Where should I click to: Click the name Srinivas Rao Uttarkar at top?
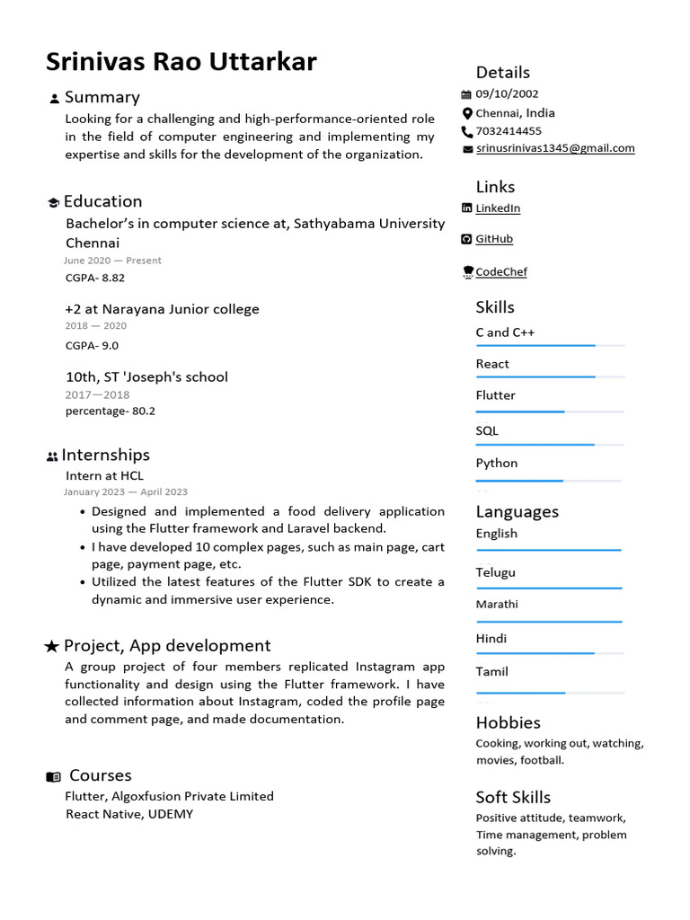click(x=181, y=62)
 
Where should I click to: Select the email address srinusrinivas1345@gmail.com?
click(x=554, y=148)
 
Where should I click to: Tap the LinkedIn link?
click(x=498, y=208)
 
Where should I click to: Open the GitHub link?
click(x=494, y=239)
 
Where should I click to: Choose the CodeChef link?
click(x=500, y=272)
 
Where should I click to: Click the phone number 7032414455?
click(x=509, y=131)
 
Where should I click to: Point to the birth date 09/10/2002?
click(x=507, y=94)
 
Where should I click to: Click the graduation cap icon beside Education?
click(x=53, y=203)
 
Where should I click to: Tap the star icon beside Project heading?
click(x=52, y=647)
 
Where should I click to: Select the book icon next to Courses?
click(x=54, y=776)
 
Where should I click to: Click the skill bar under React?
click(x=549, y=377)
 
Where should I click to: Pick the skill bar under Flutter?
click(x=549, y=411)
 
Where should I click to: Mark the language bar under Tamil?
click(x=549, y=693)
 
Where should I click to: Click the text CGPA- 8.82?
click(x=95, y=279)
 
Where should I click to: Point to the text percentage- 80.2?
click(x=111, y=411)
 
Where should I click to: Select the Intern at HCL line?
click(x=104, y=476)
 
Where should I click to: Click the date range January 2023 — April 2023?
click(x=126, y=492)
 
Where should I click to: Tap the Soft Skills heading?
click(x=513, y=798)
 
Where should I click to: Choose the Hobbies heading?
click(x=508, y=723)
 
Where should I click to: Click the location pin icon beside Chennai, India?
click(x=466, y=113)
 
